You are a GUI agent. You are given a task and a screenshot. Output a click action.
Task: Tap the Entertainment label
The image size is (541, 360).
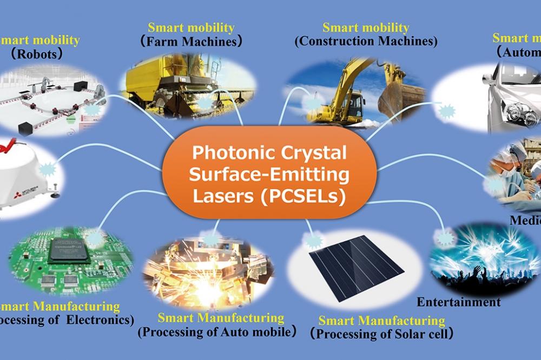[459, 302]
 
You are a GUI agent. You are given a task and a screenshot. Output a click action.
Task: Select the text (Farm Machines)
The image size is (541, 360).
[191, 41]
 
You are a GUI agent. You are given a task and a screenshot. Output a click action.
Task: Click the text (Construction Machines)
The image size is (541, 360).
[366, 41]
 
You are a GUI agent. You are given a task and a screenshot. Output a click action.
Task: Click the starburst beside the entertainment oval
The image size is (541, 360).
[447, 237]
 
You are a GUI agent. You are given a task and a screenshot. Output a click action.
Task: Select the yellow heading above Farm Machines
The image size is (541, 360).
[191, 27]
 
